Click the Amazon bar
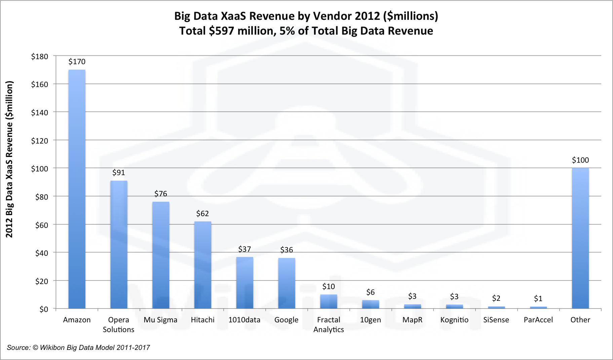tap(77, 189)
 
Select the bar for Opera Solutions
tap(119, 244)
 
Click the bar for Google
tap(286, 283)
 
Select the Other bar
tap(580, 238)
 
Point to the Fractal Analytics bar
tap(329, 301)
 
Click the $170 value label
tap(77, 62)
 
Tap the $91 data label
tap(119, 172)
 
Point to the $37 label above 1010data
tap(244, 249)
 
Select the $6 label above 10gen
tap(371, 292)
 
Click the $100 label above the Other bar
tap(580, 160)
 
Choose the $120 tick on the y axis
tap(40, 141)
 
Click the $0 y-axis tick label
tap(44, 309)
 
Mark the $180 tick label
tap(40, 56)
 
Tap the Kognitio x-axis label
tap(454, 320)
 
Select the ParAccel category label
tap(538, 320)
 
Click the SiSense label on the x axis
tap(496, 320)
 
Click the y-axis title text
tap(9, 159)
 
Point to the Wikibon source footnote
tap(78, 348)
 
